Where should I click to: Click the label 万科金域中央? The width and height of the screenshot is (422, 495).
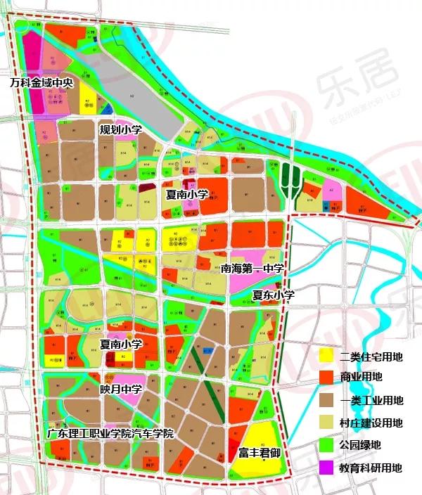coord(41,82)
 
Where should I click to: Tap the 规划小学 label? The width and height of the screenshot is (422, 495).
coord(121,130)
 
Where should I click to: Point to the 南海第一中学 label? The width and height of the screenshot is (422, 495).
coord(252,268)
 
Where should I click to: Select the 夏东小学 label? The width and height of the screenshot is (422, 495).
coord(274,296)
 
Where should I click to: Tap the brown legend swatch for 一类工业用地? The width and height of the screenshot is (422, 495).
coord(325,401)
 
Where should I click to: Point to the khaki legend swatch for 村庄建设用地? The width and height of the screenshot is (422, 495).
coord(325,423)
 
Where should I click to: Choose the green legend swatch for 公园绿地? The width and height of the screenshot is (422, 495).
coord(325,444)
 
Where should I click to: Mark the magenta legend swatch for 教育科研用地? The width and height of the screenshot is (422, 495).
coord(325,466)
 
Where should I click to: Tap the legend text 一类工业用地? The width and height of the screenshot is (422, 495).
coord(371,401)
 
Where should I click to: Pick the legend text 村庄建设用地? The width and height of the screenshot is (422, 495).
coord(371,423)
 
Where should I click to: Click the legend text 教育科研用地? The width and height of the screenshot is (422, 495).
coord(371,466)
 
